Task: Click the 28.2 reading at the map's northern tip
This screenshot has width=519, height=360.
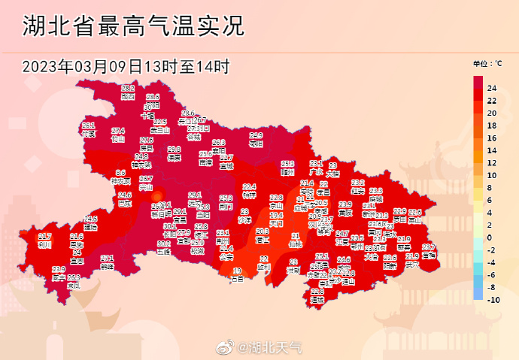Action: (x=128, y=89)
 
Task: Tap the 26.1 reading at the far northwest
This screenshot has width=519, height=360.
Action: (x=89, y=126)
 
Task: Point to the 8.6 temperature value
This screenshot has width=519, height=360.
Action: (x=120, y=173)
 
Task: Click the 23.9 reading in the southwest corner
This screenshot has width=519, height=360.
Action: (x=59, y=269)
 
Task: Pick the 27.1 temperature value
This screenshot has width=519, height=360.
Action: (x=107, y=258)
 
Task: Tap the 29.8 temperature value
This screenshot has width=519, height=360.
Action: (x=174, y=150)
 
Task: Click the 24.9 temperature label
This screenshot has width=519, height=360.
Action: (x=256, y=135)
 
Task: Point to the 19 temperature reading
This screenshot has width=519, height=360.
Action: (x=237, y=271)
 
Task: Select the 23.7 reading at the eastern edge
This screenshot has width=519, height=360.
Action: (x=429, y=247)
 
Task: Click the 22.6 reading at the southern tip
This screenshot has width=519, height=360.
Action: (x=317, y=292)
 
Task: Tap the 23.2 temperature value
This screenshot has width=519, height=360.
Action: (x=358, y=183)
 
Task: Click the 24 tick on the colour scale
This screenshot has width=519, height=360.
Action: (x=492, y=89)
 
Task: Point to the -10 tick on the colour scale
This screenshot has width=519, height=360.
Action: (x=493, y=300)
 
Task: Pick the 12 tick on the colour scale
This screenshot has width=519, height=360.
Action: (x=492, y=163)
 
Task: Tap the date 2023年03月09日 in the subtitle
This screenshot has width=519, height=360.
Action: (x=82, y=65)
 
